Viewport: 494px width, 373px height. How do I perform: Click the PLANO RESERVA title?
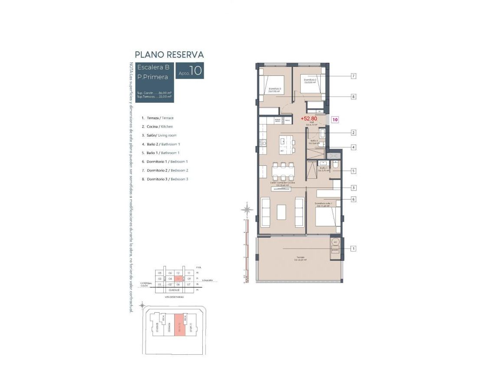(169, 55)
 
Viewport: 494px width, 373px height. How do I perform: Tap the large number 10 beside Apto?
(196, 71)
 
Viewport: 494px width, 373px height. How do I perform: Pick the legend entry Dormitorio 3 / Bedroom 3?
(167, 179)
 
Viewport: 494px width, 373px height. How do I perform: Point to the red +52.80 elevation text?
(309, 118)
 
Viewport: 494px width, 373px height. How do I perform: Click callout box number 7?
(354, 76)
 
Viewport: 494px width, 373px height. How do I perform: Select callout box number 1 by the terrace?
(354, 249)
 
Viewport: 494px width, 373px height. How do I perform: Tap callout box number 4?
(354, 147)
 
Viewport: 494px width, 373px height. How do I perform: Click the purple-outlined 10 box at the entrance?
(335, 119)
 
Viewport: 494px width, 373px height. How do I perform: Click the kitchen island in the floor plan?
(286, 141)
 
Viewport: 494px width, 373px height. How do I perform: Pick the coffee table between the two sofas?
(282, 211)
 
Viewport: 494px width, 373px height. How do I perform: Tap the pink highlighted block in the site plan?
(179, 325)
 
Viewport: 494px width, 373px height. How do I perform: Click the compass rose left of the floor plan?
(247, 210)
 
